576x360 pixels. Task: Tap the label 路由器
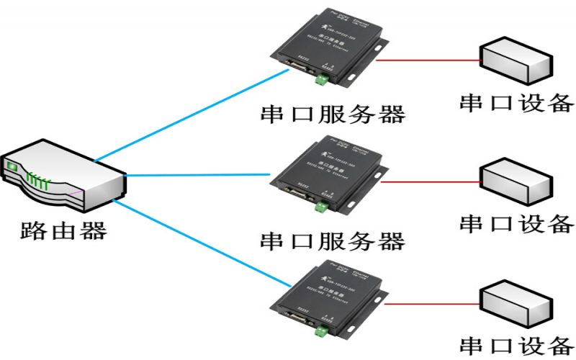[63, 230]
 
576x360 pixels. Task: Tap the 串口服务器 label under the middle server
[333, 240]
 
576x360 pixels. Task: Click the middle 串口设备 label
[517, 224]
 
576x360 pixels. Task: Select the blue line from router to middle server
[202, 174]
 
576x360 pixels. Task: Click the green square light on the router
[11, 168]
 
